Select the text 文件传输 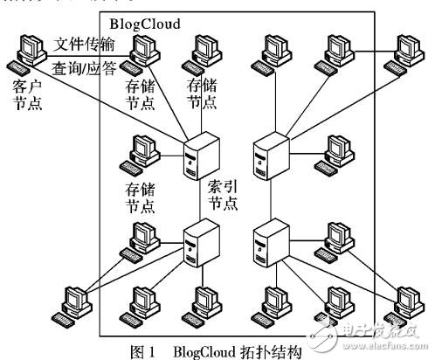(85, 44)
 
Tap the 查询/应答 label (85, 67)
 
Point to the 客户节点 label (30, 95)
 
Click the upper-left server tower (195, 156)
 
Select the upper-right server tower (268, 156)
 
